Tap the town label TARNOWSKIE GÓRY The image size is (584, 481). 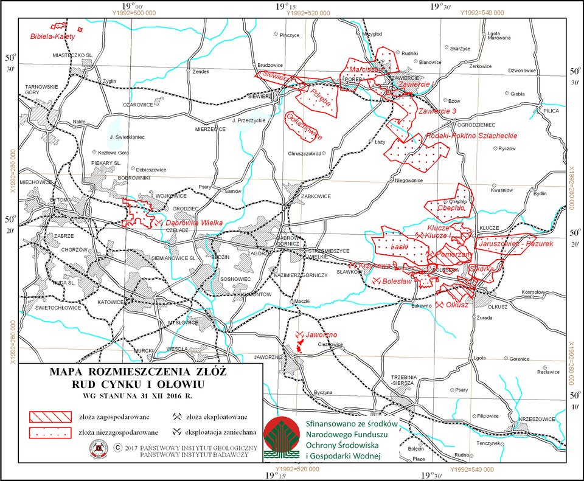[x=41, y=90]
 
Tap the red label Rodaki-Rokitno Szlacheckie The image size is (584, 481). [x=472, y=136]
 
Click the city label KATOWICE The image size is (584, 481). [x=110, y=302]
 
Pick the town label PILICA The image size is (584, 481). [x=551, y=111]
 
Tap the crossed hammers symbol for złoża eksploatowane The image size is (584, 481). [x=176, y=417]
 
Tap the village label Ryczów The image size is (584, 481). [x=506, y=149]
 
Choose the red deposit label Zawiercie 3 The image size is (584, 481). [x=437, y=111]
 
